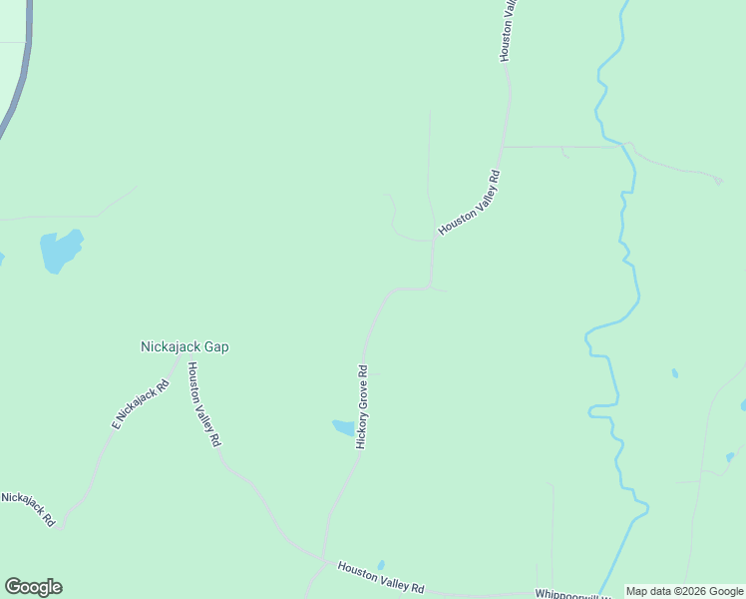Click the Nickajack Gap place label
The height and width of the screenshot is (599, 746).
(x=185, y=347)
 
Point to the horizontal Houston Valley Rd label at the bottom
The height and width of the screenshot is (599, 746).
(x=381, y=578)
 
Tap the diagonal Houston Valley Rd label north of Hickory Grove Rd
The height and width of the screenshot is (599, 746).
(x=469, y=203)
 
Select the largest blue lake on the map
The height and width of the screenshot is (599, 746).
(x=59, y=251)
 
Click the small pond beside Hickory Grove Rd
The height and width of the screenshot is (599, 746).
(x=343, y=427)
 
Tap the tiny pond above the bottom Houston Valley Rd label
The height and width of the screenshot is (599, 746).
(x=381, y=565)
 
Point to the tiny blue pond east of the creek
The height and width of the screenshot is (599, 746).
(x=675, y=373)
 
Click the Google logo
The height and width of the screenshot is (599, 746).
(x=33, y=587)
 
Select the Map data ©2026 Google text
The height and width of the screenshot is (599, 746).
(x=684, y=591)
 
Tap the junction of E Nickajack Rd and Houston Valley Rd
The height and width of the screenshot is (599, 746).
(x=179, y=361)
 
